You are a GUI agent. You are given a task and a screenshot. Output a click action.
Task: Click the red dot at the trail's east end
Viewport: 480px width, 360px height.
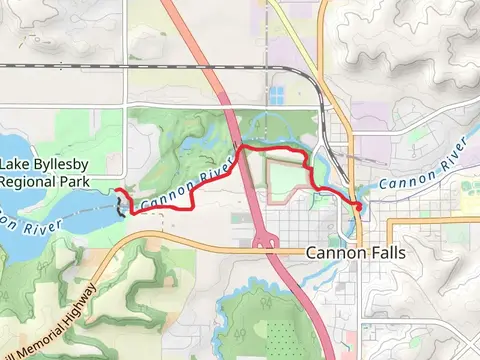click(x=358, y=205)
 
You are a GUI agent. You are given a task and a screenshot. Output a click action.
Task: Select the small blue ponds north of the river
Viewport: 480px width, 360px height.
click(x=275, y=96)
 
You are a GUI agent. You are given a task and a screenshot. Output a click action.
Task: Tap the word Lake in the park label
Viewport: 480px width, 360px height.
click(x=18, y=165)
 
